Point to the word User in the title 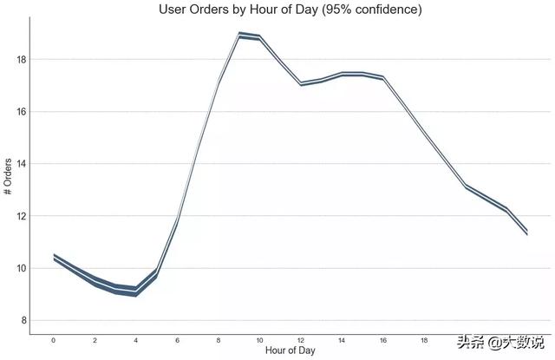click(174, 10)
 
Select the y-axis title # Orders click(8, 177)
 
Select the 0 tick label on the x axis click(54, 339)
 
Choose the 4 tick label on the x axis click(136, 339)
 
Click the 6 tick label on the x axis click(177, 339)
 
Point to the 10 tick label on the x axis click(259, 339)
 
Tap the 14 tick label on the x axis click(342, 339)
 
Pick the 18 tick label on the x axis click(424, 339)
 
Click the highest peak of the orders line click(239, 36)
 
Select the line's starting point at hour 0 click(54, 257)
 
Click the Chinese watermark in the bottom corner click(503, 340)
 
